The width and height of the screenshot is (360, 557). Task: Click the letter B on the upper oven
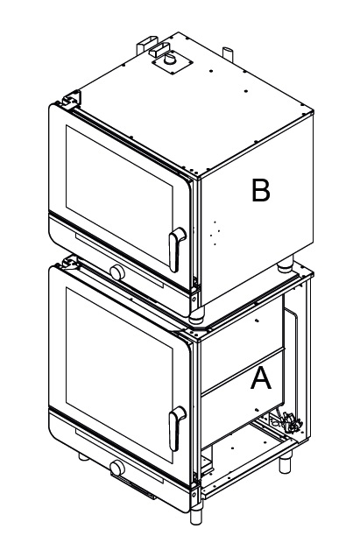(260, 190)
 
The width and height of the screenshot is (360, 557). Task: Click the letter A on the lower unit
(261, 378)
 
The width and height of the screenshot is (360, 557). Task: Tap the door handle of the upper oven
(176, 249)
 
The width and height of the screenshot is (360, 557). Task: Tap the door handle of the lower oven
(176, 428)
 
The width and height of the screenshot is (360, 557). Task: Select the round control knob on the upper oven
(117, 272)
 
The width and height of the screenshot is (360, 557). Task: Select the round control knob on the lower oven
(117, 468)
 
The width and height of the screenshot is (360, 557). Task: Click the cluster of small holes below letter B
(215, 233)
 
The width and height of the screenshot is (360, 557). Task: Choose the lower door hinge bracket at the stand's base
(194, 491)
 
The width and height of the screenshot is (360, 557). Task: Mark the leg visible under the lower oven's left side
(84, 457)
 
